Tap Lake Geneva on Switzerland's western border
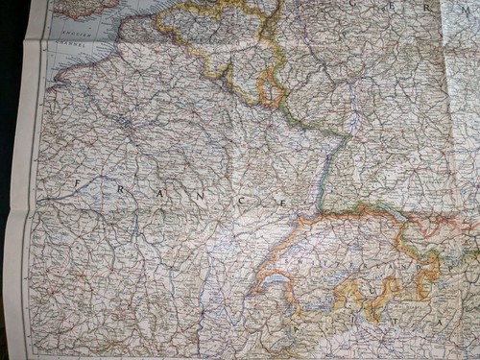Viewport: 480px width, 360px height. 275,281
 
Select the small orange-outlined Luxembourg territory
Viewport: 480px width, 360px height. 271,92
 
